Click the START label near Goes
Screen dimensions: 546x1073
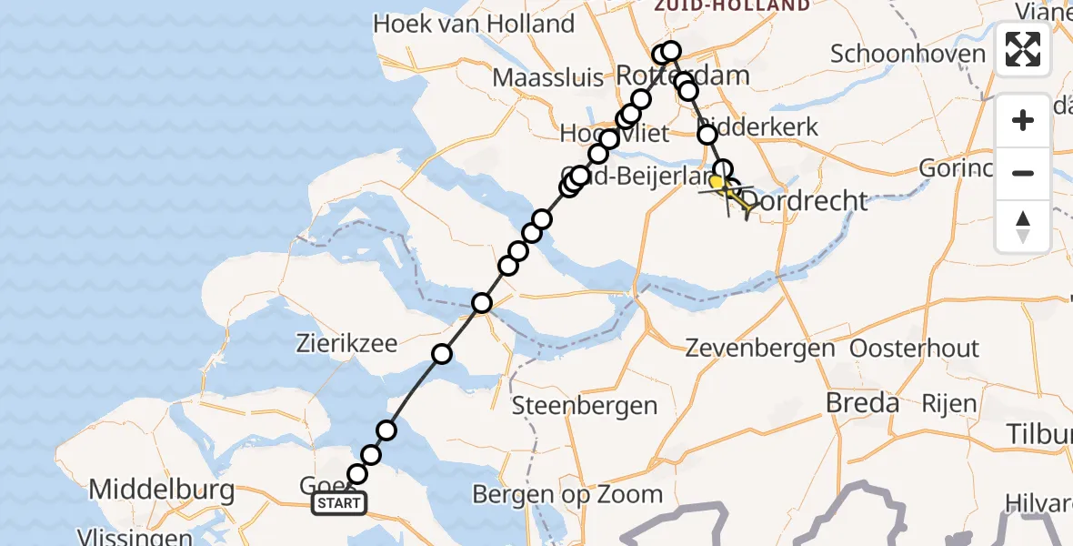pos(340,503)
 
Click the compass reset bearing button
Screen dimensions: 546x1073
pos(1023,227)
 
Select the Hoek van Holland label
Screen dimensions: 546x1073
pos(474,24)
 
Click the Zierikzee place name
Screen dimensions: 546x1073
pos(346,344)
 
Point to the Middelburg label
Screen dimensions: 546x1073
pos(161,490)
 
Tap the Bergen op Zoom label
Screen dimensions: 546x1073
pos(567,495)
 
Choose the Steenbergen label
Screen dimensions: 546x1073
pos(585,405)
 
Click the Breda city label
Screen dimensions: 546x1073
pos(863,403)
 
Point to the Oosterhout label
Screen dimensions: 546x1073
pos(914,348)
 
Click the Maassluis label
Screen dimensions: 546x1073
pos(548,77)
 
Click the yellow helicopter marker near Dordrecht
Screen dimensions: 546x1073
pos(718,185)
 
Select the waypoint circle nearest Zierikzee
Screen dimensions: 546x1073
pos(442,354)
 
